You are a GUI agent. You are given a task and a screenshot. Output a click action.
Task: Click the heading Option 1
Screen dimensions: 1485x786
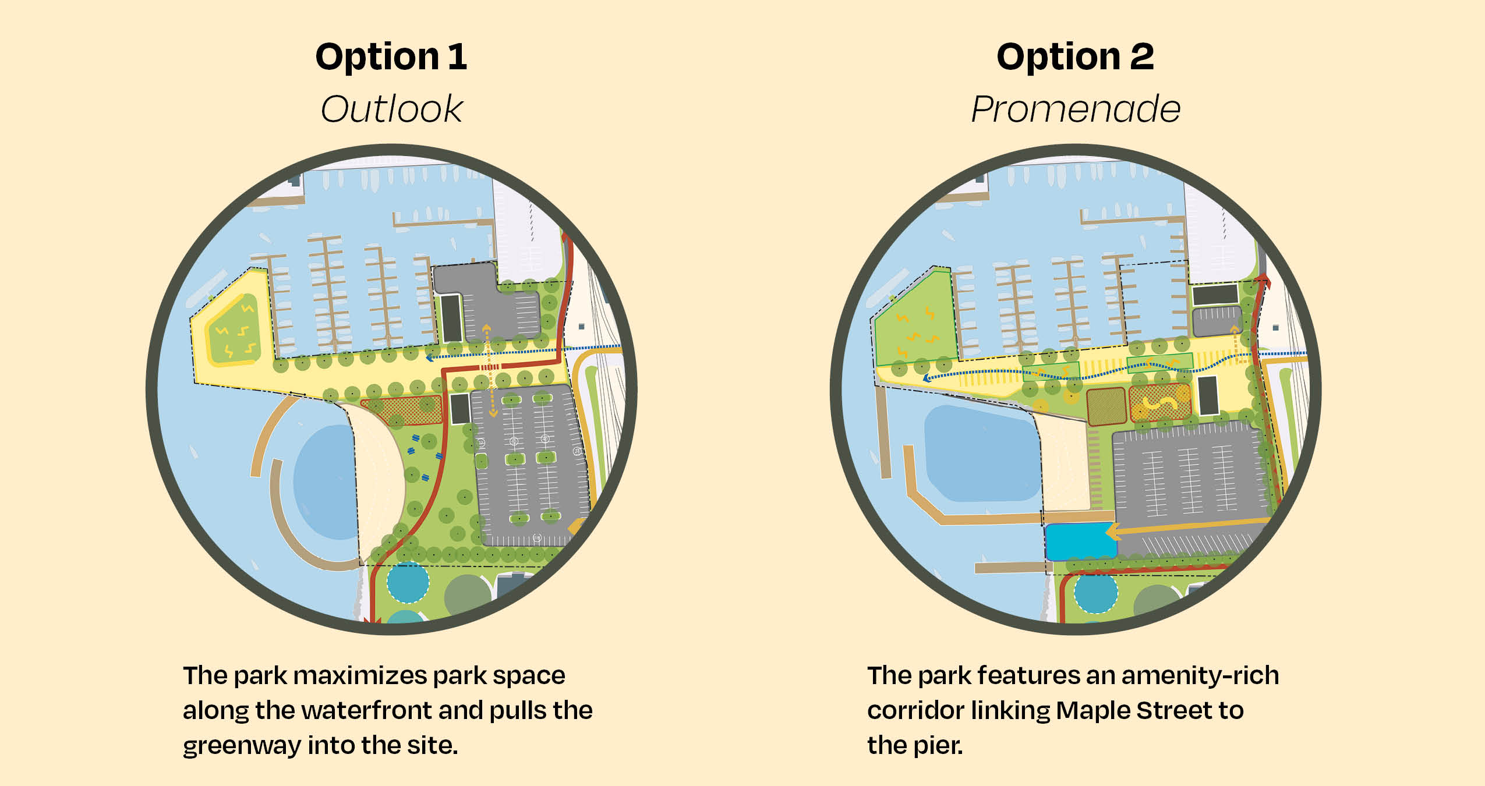coord(391,57)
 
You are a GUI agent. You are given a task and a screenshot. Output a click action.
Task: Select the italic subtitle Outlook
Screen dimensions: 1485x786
coord(391,109)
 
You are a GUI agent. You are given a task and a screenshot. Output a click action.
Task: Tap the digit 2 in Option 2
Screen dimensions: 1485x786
coord(1141,56)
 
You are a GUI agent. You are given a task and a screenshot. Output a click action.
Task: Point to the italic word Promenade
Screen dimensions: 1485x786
coord(1076,109)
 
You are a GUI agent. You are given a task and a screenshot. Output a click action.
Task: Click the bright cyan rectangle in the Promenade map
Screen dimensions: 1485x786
coord(1080,541)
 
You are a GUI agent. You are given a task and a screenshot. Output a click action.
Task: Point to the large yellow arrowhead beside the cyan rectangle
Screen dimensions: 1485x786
coord(1114,532)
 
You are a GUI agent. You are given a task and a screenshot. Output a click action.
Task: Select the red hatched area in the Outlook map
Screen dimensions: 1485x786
coord(402,410)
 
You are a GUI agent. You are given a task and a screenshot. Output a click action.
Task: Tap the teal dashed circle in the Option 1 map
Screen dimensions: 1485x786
coord(408,582)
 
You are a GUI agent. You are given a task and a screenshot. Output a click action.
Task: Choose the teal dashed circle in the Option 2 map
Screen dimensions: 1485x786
coord(1095,592)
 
